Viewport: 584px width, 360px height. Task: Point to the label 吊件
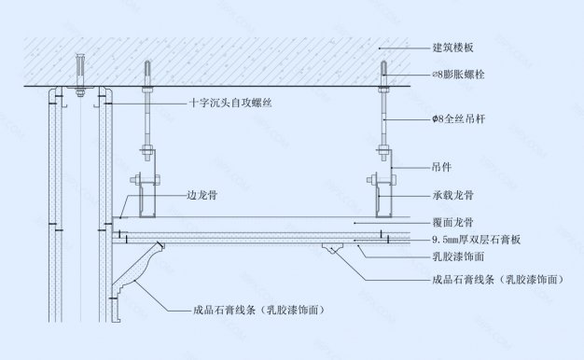[x=441, y=169]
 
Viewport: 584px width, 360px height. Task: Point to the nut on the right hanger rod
[x=384, y=148]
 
